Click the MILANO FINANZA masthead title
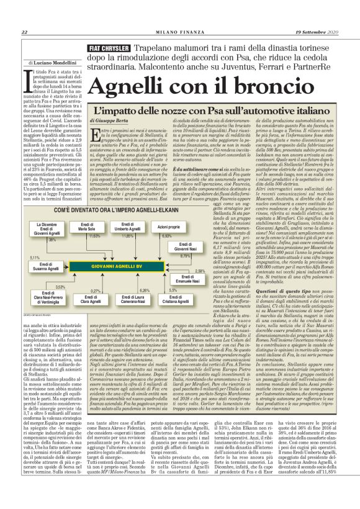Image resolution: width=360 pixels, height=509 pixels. pyautogui.click(x=180, y=32)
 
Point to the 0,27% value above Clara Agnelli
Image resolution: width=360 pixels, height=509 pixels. pyautogui.click(x=96, y=290)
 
